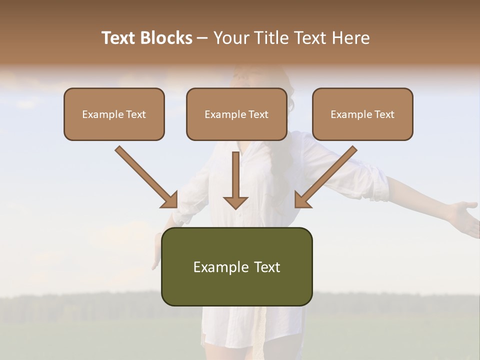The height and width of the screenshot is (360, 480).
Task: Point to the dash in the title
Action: [x=202, y=38]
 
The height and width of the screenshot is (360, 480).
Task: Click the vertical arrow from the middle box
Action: [x=235, y=180]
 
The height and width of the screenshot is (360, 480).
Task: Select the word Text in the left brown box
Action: [x=136, y=114]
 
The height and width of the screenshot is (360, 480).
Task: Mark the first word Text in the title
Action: [x=119, y=38]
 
